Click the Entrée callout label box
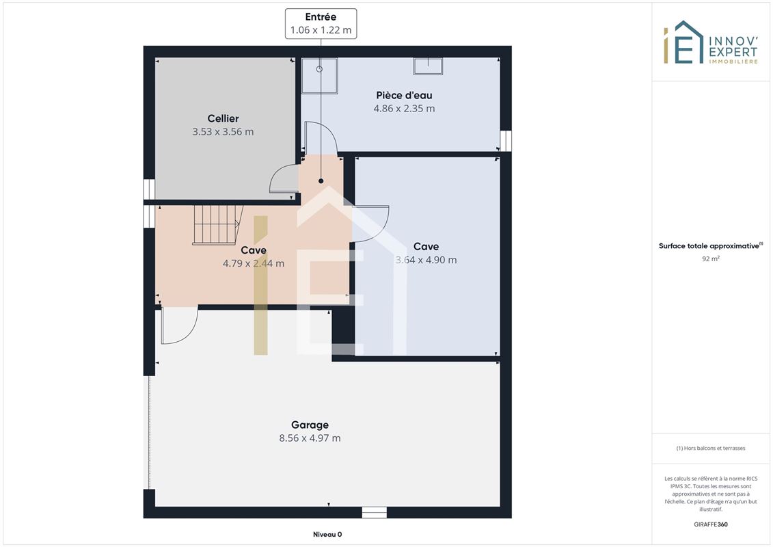pyautogui.click(x=321, y=23)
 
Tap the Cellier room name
pyautogui.click(x=223, y=118)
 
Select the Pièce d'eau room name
pyautogui.click(x=404, y=95)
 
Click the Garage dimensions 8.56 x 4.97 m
pyautogui.click(x=310, y=438)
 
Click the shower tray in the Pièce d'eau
pyautogui.click(x=319, y=75)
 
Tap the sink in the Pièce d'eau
pyautogui.click(x=428, y=66)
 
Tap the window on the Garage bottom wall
pyautogui.click(x=375, y=513)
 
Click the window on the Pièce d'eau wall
pyautogui.click(x=506, y=141)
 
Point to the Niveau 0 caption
pyautogui.click(x=327, y=534)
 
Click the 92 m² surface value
pyautogui.click(x=710, y=258)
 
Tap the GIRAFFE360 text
pyautogui.click(x=710, y=524)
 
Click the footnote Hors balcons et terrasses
pyautogui.click(x=710, y=449)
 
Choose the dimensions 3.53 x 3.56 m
pyautogui.click(x=223, y=132)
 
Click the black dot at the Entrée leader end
pyautogui.click(x=321, y=181)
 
